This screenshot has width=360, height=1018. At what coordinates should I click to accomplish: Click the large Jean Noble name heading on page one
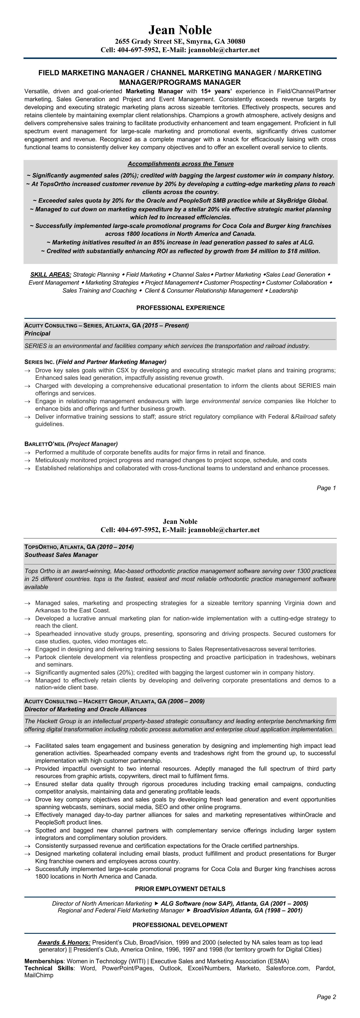click(x=180, y=30)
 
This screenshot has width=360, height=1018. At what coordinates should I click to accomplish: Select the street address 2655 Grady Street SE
click(x=150, y=42)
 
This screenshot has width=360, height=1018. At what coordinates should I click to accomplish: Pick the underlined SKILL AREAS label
click(x=51, y=275)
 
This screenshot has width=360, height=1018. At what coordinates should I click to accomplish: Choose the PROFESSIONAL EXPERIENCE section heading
click(x=180, y=308)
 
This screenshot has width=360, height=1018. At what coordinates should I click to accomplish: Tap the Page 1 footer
click(x=326, y=488)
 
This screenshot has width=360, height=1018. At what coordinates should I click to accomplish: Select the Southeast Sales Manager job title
click(x=61, y=555)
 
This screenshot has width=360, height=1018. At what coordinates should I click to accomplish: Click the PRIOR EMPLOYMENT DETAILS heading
click(x=180, y=889)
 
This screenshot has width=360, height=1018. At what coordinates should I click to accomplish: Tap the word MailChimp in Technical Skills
click(x=39, y=975)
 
